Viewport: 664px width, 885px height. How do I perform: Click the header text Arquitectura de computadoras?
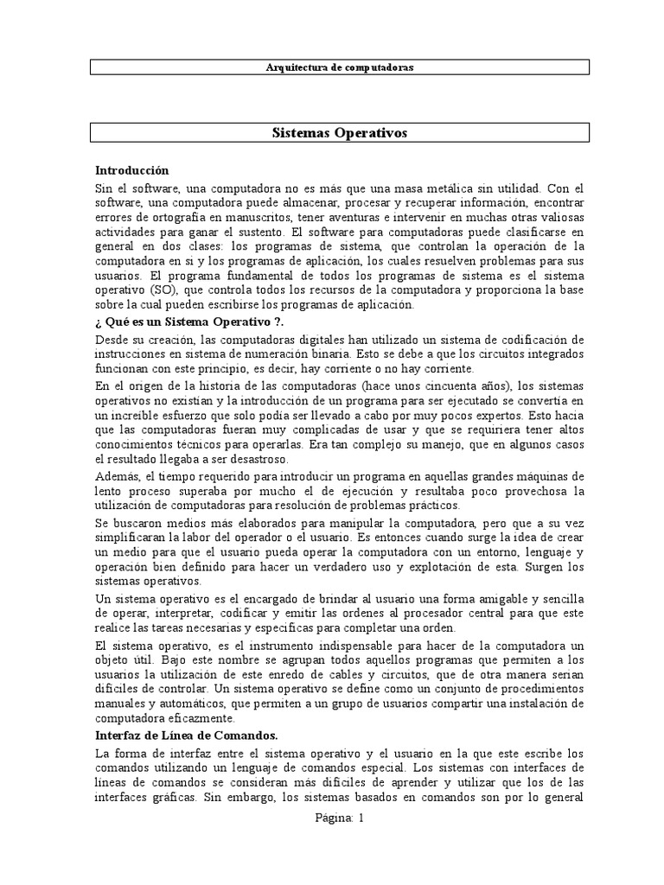click(340, 67)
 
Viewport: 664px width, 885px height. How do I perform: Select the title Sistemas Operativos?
click(340, 133)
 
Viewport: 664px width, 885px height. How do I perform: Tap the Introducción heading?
click(132, 170)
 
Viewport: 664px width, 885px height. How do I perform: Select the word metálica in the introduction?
click(417, 187)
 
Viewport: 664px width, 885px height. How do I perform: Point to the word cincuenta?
click(427, 385)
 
